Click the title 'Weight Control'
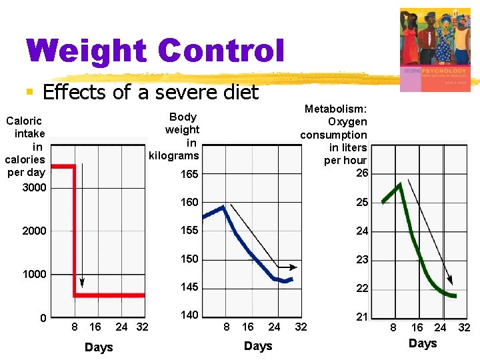click(155, 51)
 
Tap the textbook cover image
click(435, 50)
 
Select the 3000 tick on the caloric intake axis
click(34, 187)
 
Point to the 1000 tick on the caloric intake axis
click(34, 274)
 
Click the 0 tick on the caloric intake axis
click(43, 318)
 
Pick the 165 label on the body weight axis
click(189, 175)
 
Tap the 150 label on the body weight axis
click(189, 259)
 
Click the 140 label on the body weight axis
click(189, 315)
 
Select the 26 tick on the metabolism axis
click(361, 173)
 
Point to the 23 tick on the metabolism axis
click(361, 260)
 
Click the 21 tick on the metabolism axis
click(361, 317)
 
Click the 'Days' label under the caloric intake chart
click(99, 347)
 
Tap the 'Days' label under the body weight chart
click(258, 346)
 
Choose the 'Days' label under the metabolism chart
click(423, 343)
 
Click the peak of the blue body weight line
click(224, 207)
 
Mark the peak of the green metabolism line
click(399, 184)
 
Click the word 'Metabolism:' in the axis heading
click(336, 109)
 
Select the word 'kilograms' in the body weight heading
click(174, 155)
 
